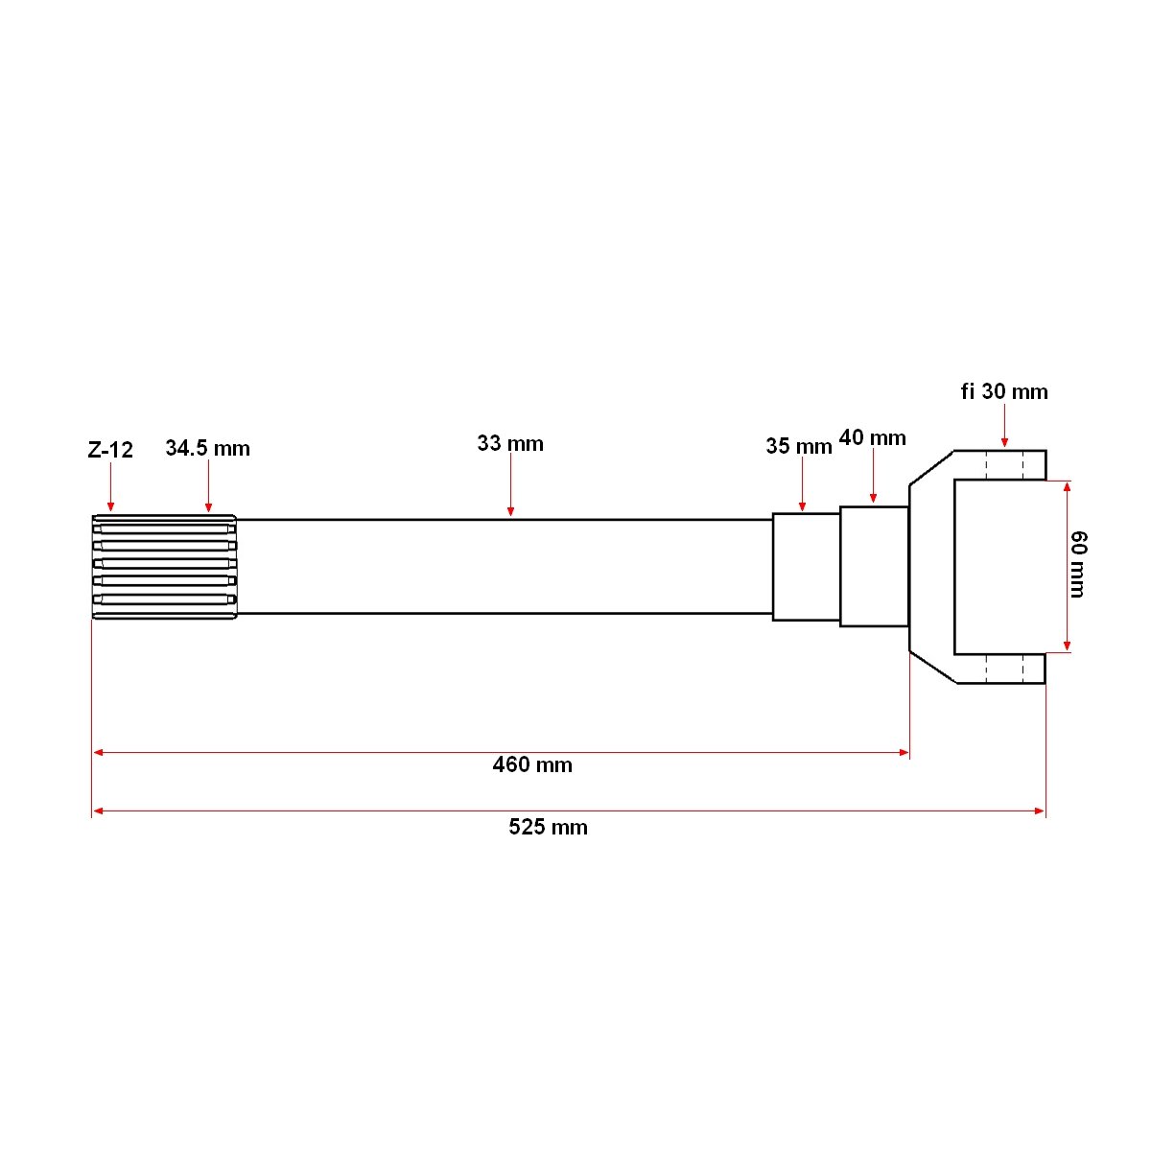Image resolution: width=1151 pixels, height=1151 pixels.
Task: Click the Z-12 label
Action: click(x=110, y=450)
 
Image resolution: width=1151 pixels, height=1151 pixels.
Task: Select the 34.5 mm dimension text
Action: click(x=207, y=448)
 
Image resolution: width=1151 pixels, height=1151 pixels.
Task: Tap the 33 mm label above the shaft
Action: click(x=510, y=443)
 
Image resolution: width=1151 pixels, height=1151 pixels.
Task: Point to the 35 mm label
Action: click(x=798, y=446)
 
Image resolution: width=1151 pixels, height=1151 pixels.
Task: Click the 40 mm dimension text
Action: click(x=872, y=438)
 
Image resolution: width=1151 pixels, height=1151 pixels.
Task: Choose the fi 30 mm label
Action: click(x=1004, y=391)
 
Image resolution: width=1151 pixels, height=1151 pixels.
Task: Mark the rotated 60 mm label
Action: click(x=1078, y=564)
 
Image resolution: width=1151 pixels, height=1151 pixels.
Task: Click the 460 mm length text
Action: click(x=532, y=764)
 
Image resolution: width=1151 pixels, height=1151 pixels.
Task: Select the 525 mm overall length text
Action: click(x=548, y=827)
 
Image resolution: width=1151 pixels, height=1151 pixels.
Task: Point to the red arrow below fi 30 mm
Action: click(x=1004, y=426)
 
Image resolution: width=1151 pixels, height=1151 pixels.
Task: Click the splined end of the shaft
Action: click(x=164, y=566)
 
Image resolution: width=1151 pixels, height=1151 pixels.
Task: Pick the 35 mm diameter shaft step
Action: click(x=806, y=567)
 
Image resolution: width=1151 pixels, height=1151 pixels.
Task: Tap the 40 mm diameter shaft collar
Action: click(x=874, y=566)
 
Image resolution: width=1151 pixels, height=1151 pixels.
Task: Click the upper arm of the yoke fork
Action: click(x=998, y=465)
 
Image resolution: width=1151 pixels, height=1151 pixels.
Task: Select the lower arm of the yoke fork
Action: click(x=998, y=669)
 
